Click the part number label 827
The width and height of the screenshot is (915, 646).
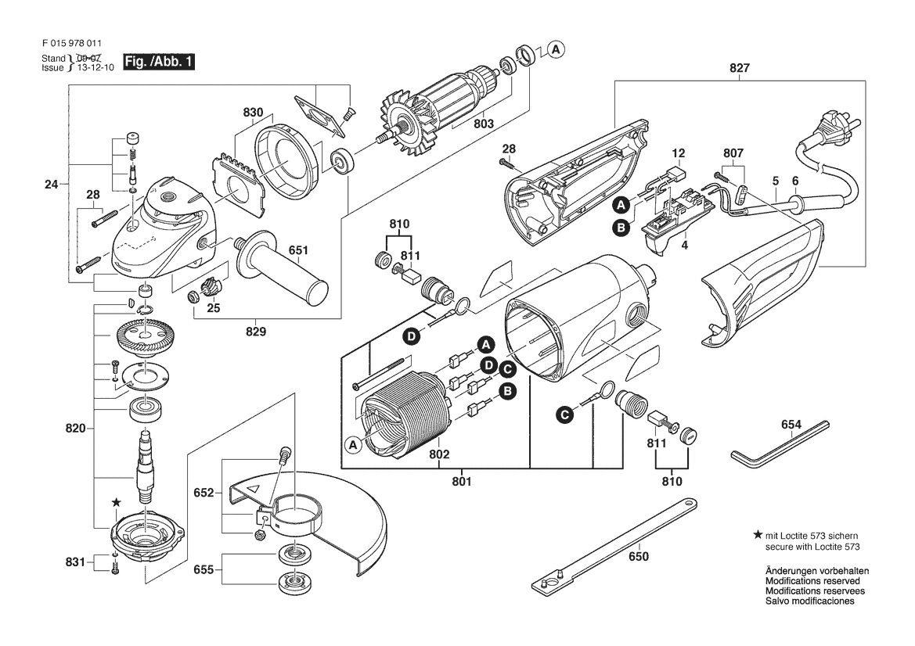[x=740, y=68]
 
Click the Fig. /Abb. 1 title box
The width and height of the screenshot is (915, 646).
[x=158, y=62]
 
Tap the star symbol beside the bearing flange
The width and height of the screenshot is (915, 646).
[x=117, y=502]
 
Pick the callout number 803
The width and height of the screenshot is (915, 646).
[x=484, y=124]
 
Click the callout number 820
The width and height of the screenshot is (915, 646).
[x=75, y=429]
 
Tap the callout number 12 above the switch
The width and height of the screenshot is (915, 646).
[x=678, y=154]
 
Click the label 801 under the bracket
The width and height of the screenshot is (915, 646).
[x=461, y=482]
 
